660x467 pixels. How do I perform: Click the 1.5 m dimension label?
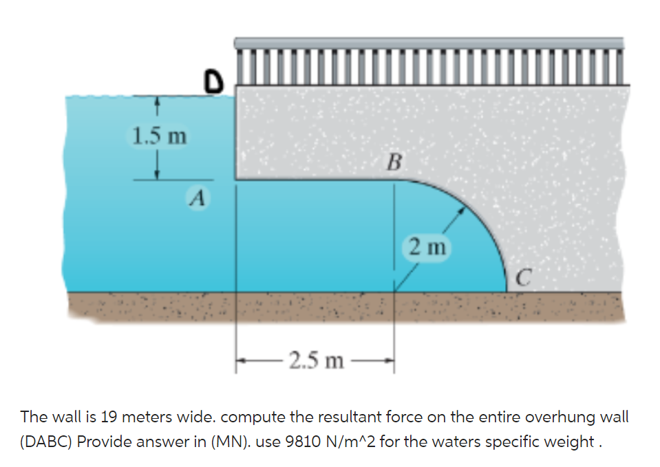[x=158, y=135]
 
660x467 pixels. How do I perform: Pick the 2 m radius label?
[x=427, y=246]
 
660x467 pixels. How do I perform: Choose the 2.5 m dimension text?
[x=316, y=360]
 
